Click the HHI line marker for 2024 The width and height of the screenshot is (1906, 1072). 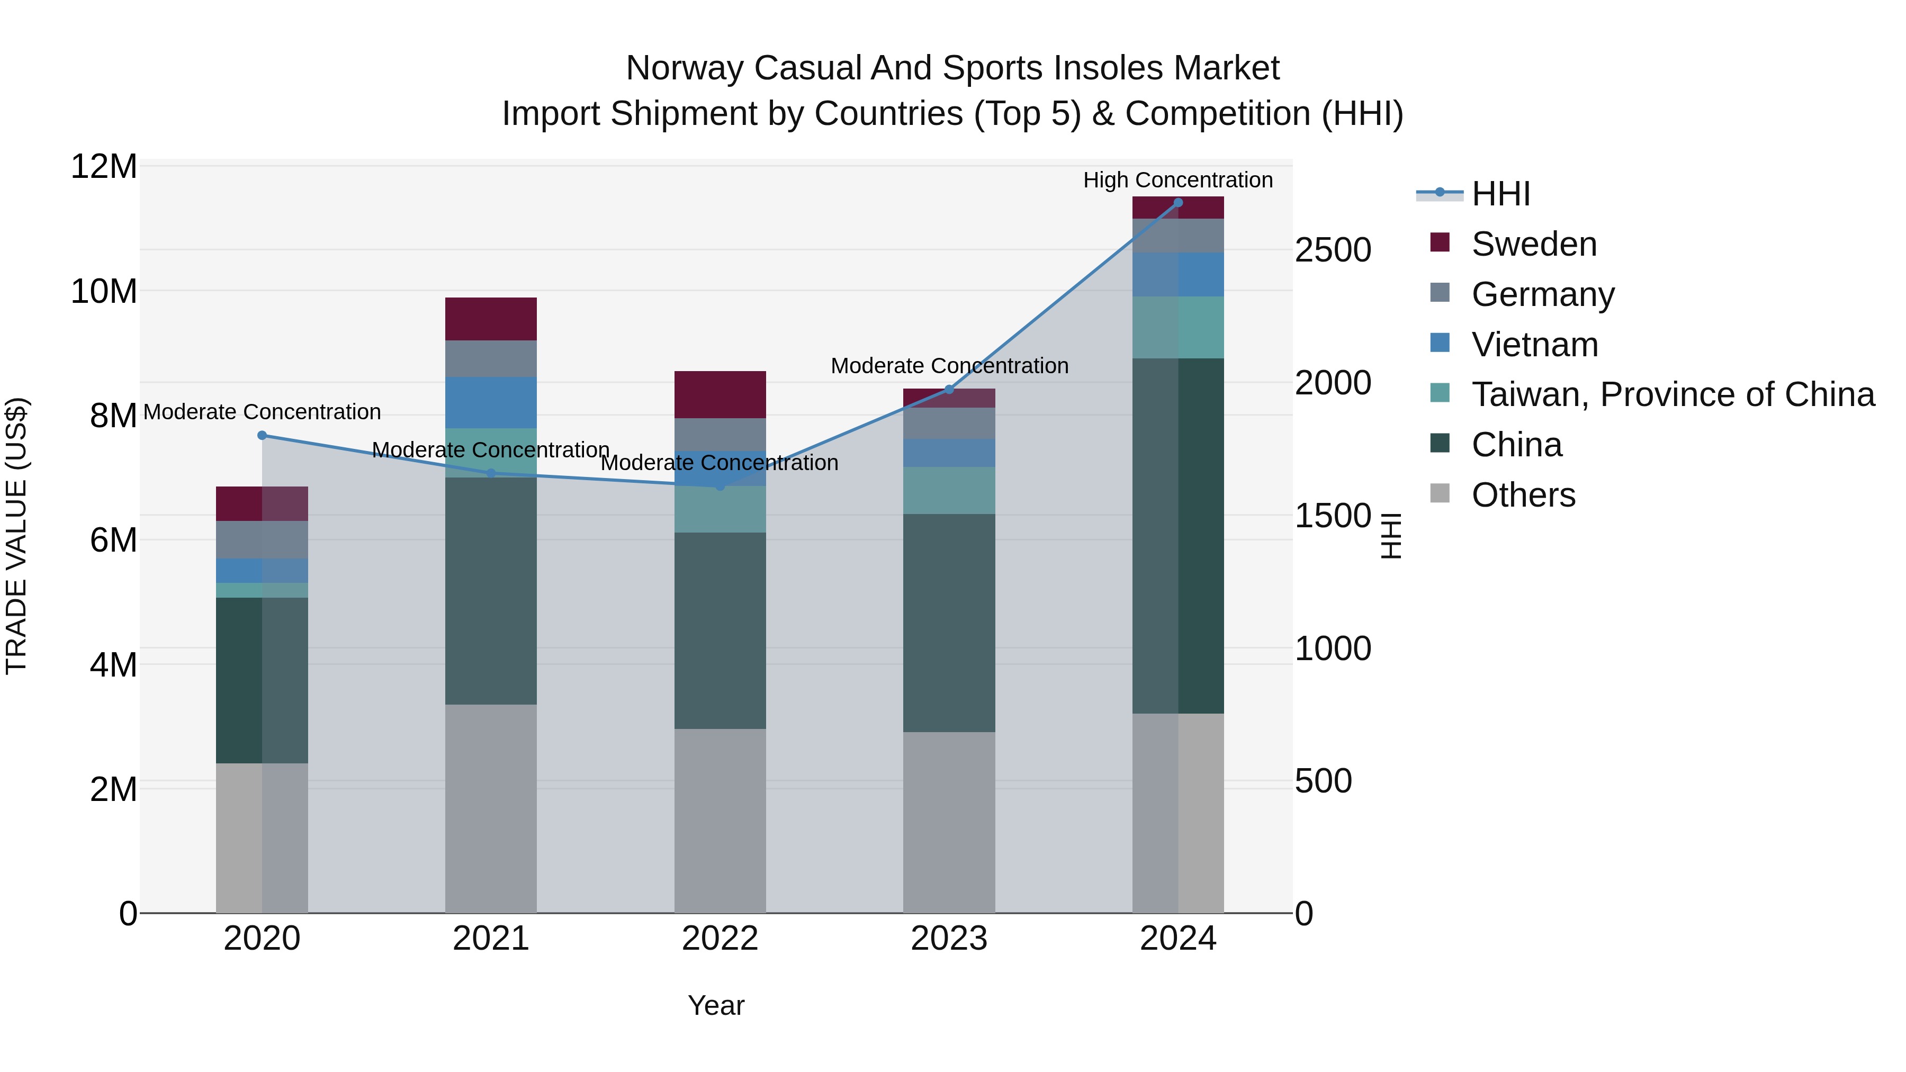(1178, 203)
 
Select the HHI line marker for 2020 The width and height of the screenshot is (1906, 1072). (262, 436)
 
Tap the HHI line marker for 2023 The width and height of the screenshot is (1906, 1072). (949, 389)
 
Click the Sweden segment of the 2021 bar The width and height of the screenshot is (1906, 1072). (491, 319)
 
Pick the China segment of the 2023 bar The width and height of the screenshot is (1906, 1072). (949, 623)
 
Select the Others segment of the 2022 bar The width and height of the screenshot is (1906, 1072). (720, 821)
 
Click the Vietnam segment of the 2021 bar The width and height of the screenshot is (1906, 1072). (491, 402)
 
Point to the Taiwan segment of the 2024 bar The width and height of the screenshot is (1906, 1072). (1178, 328)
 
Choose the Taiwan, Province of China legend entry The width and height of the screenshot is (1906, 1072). (1672, 394)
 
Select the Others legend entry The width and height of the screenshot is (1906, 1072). (1523, 495)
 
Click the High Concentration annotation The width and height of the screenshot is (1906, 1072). (1178, 180)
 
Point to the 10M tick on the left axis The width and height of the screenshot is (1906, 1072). (104, 292)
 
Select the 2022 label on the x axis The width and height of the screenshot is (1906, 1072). (720, 939)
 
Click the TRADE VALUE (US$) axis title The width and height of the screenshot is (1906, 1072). (16, 536)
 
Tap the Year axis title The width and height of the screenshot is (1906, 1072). (715, 1005)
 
